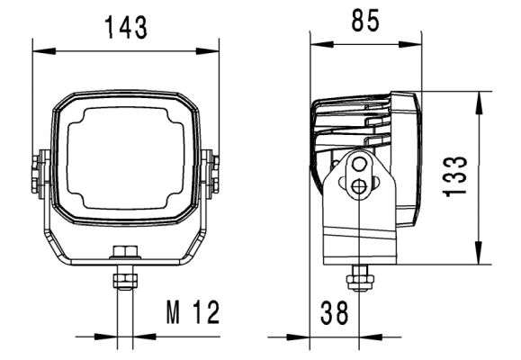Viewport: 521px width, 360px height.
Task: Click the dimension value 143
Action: coord(125,27)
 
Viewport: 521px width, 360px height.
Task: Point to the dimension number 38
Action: coord(335,313)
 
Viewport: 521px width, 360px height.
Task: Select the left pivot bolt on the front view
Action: coord(37,173)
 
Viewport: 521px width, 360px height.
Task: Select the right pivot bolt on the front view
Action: coord(214,173)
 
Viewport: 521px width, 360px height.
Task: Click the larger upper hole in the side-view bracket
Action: coord(360,165)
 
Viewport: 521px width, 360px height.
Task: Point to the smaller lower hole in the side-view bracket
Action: coord(359,186)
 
